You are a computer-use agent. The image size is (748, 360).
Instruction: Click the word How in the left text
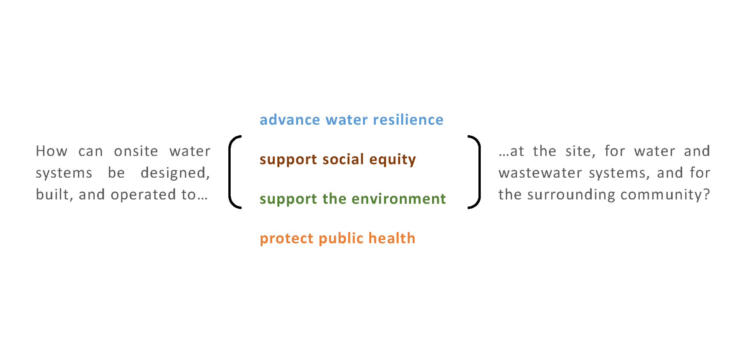51,151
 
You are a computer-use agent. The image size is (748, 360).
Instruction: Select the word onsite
136,151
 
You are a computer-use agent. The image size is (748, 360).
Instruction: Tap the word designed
175,173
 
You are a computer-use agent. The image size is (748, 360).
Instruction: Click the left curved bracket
230,172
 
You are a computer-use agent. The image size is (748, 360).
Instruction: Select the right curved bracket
478,172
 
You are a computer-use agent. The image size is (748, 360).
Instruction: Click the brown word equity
393,160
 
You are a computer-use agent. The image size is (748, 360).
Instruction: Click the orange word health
392,238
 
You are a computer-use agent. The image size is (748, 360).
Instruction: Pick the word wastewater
540,173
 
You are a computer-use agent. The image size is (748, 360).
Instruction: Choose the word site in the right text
580,152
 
